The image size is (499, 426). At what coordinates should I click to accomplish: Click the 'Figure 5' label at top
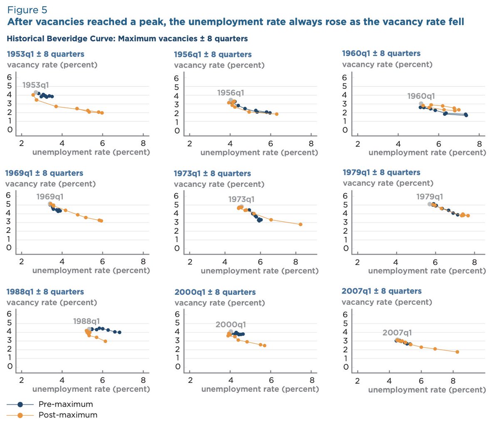[27, 10]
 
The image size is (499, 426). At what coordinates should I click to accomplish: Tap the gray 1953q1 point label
[35, 85]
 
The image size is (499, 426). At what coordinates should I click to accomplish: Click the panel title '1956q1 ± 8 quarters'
[212, 54]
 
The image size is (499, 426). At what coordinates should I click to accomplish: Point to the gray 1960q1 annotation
[421, 96]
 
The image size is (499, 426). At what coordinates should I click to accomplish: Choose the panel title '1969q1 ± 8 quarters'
[44, 173]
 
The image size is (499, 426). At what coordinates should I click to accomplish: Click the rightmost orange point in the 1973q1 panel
[300, 224]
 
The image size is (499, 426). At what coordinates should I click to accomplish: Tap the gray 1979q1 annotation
[430, 197]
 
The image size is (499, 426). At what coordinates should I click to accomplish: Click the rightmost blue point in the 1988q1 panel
[119, 332]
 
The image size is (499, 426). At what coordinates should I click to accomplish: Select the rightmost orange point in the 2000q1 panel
[264, 345]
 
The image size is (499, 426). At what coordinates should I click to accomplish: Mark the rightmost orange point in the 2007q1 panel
[457, 352]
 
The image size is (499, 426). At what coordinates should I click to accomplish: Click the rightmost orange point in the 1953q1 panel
[102, 113]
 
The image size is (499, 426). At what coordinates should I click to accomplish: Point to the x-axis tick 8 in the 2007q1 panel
[453, 381]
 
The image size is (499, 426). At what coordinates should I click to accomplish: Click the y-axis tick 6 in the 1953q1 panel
[9, 77]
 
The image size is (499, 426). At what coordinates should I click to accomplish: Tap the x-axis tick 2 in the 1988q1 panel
[22, 380]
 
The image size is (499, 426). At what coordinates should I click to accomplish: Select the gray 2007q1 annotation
[397, 333]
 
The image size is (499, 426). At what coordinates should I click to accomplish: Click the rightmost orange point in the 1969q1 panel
[101, 221]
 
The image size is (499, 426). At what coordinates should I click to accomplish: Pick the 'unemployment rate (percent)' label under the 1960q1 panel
[427, 152]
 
